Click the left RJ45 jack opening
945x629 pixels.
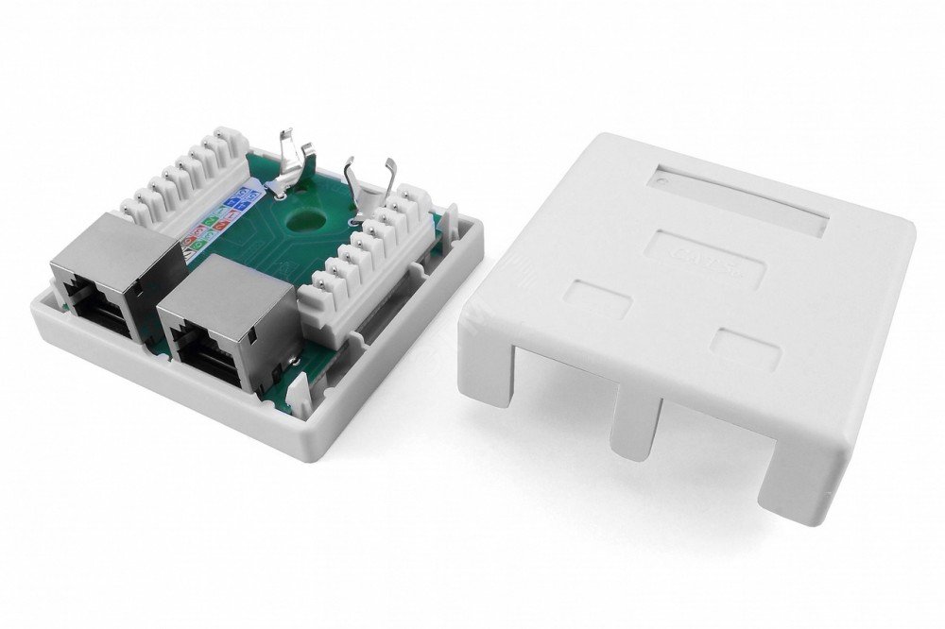(x=94, y=302)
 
